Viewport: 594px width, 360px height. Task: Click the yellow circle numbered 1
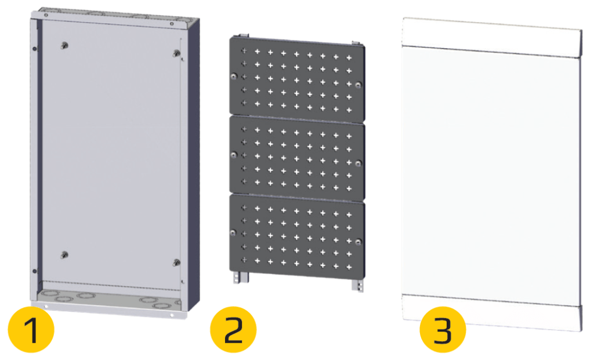[31, 329]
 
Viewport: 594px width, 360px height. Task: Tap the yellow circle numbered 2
[233, 329]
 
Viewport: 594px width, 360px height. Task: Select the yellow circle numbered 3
[443, 329]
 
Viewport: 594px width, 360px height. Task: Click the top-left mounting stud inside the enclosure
[64, 46]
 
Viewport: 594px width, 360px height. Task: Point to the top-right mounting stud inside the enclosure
[176, 53]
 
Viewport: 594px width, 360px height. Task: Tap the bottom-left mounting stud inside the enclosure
[64, 255]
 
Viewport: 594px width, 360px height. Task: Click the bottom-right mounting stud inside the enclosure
[176, 263]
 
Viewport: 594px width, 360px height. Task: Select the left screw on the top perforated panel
[234, 76]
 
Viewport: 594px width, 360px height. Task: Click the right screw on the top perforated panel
[358, 85]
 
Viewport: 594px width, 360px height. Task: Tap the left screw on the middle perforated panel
[234, 154]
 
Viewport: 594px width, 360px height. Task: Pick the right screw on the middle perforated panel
[358, 163]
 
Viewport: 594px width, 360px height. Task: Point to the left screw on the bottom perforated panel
[233, 232]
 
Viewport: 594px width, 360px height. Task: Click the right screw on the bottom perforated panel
[358, 242]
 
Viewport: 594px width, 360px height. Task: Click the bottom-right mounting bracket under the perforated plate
[357, 285]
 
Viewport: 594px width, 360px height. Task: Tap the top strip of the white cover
[491, 38]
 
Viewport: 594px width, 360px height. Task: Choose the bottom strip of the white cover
[491, 313]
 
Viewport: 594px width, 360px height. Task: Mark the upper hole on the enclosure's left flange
[35, 49]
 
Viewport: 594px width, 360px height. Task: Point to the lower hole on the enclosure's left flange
[35, 271]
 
